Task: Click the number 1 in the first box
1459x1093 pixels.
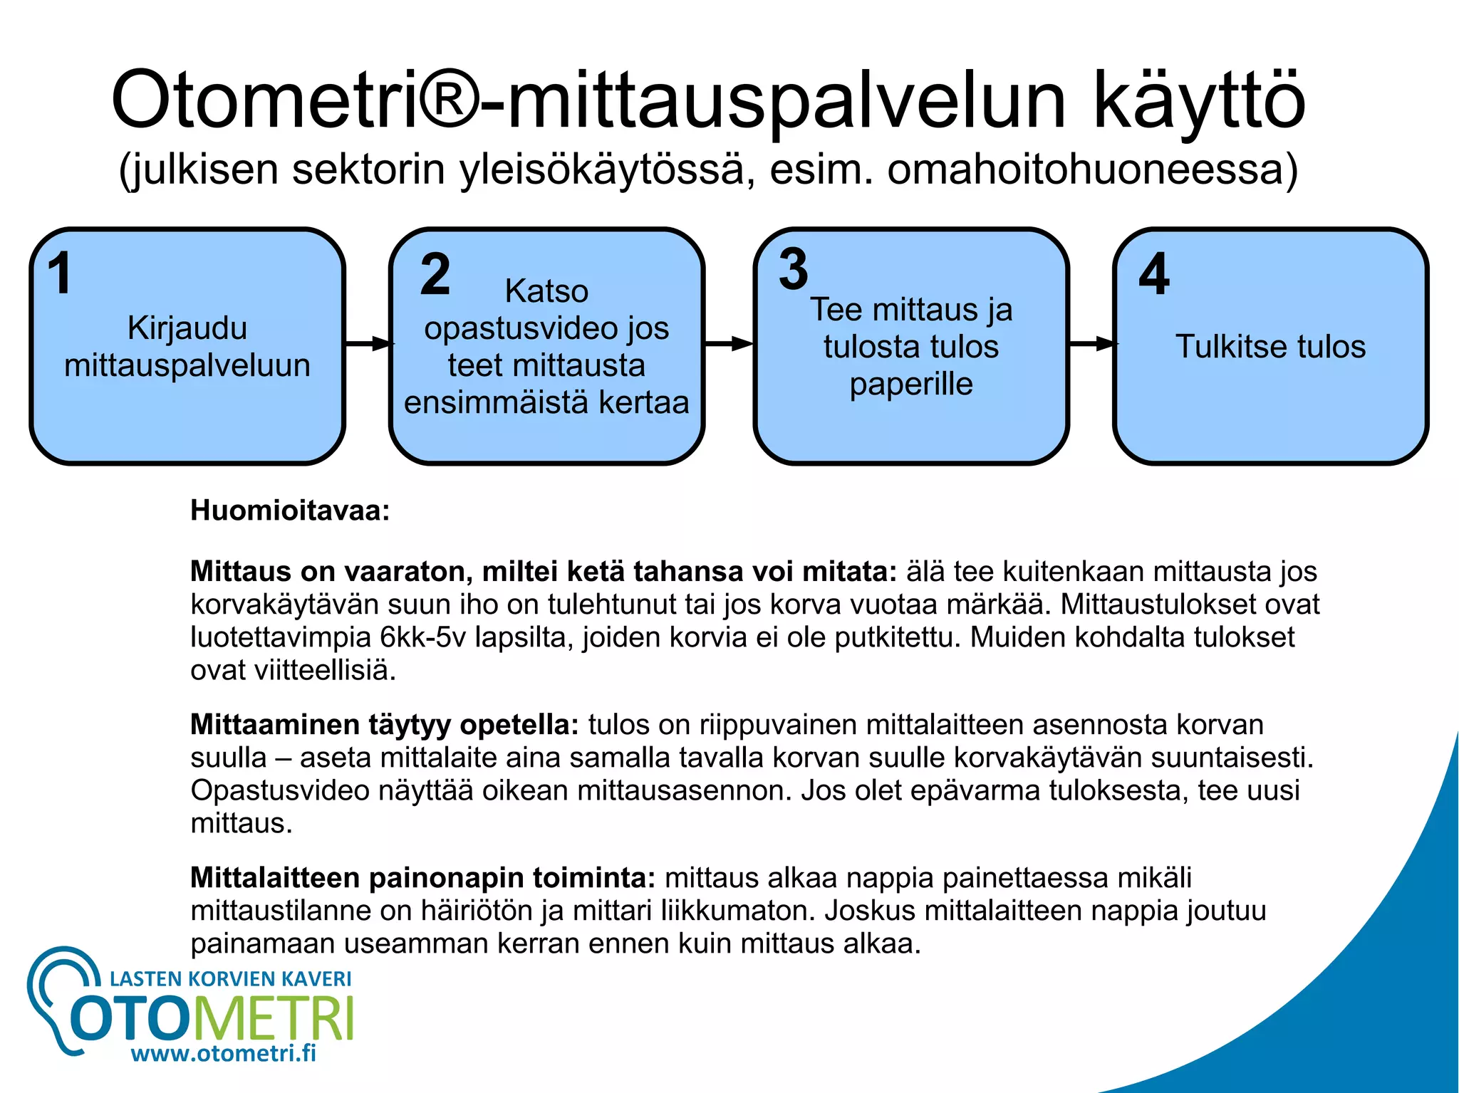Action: click(x=60, y=273)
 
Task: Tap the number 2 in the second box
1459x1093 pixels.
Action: click(x=435, y=274)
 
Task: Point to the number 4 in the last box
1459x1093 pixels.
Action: click(x=1154, y=274)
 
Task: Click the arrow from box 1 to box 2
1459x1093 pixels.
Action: click(x=368, y=344)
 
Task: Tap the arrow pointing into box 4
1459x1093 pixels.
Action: click(x=1092, y=344)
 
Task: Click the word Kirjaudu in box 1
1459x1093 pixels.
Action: click(x=187, y=328)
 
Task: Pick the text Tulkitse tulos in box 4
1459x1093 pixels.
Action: click(x=1270, y=347)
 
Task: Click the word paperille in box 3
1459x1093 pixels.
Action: click(x=911, y=384)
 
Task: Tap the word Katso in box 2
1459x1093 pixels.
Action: click(x=546, y=291)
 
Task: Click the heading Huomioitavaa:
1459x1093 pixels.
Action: click(x=290, y=511)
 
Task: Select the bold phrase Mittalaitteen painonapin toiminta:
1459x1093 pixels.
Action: click(x=422, y=877)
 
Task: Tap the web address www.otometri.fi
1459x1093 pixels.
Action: click(x=224, y=1052)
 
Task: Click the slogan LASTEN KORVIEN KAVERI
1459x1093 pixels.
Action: click(x=231, y=978)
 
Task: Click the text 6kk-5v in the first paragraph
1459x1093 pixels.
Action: click(x=423, y=637)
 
